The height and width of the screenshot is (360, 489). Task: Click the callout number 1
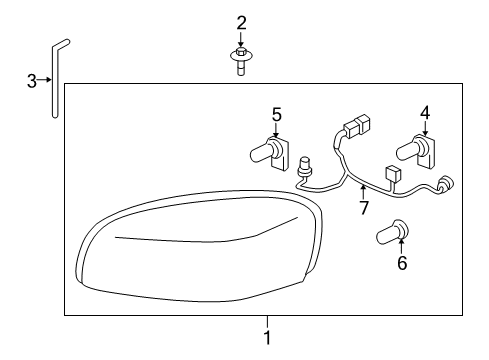[x=267, y=338]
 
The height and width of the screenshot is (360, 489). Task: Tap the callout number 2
[x=242, y=22]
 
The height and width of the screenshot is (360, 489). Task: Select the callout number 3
[x=31, y=80]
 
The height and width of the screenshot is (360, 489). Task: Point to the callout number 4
[x=424, y=113]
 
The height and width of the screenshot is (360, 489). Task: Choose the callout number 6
[x=402, y=263]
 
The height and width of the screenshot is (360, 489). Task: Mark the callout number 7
[x=363, y=208]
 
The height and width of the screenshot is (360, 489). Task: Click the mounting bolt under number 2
[x=242, y=60]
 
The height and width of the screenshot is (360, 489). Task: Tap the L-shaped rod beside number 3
[x=54, y=80]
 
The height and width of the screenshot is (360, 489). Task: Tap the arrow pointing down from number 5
[x=276, y=128]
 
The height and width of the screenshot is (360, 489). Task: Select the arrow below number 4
[x=424, y=128]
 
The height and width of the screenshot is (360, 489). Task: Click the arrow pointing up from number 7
[x=363, y=191]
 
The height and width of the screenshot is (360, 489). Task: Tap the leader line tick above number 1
[x=267, y=321]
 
